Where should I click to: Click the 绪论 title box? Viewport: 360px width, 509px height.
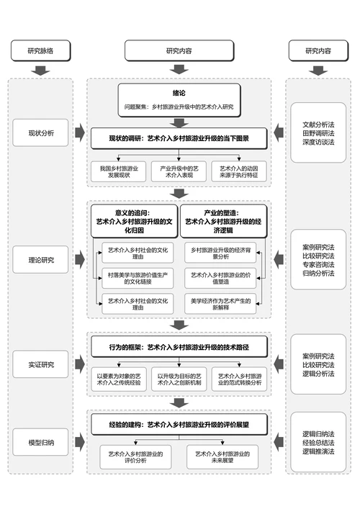tap(179, 99)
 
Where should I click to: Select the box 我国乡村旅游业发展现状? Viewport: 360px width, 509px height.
tap(119, 171)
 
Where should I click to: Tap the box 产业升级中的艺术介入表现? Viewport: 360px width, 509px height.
tap(179, 171)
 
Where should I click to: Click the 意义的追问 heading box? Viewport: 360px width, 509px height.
tap(135, 221)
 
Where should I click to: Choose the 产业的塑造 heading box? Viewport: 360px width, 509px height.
tap(222, 221)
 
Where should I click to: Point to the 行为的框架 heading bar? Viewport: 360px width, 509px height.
tap(179, 347)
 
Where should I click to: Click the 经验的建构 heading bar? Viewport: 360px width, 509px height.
tap(179, 425)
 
